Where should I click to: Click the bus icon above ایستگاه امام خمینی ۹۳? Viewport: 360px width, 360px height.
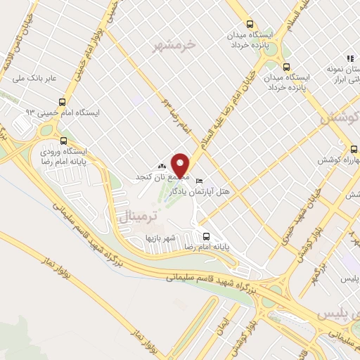pyautogui.click(x=63, y=102)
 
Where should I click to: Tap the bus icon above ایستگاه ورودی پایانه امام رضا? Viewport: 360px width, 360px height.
pyautogui.click(x=65, y=140)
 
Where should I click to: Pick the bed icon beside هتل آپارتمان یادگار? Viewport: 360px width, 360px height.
pyautogui.click(x=198, y=178)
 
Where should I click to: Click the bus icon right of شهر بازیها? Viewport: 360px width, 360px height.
pyautogui.click(x=206, y=236)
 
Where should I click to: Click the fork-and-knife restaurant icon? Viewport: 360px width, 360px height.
pyautogui.click(x=348, y=59)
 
